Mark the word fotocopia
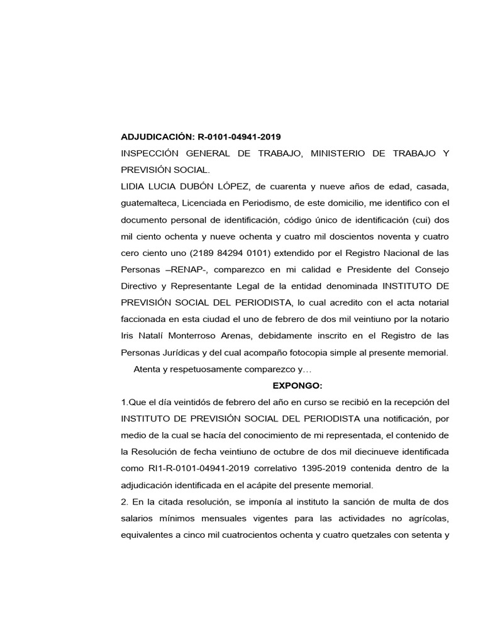(322, 352)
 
